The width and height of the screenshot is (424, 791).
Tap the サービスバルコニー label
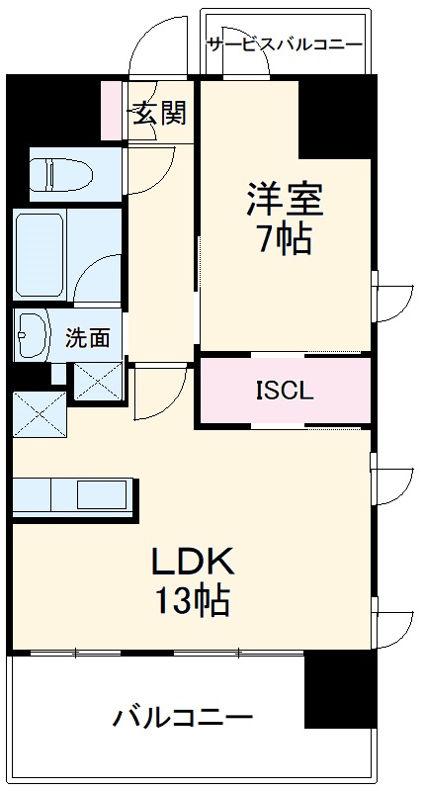(285, 44)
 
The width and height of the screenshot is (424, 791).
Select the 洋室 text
(285, 201)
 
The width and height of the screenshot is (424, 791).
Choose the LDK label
(194, 562)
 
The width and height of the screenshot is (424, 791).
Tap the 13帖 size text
(194, 599)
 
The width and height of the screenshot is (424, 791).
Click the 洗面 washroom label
(88, 338)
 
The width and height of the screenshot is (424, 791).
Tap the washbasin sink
(31, 335)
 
